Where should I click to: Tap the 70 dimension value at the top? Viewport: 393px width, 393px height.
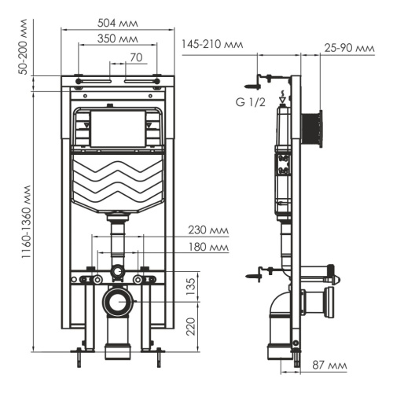coord(136,57)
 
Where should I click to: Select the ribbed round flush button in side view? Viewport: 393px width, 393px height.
coord(315,127)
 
